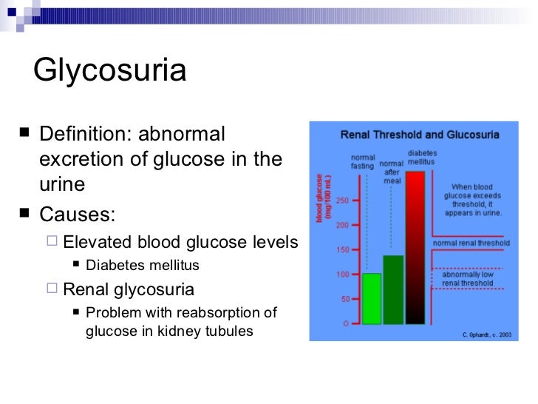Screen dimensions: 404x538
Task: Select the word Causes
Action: [77, 215]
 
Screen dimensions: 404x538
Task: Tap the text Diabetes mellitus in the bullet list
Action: [142, 265]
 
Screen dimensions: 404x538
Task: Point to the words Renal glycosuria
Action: [129, 289]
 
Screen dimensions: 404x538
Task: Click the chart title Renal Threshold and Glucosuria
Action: [419, 135]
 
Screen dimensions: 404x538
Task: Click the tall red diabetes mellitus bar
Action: [415, 248]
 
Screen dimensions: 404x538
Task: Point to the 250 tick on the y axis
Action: [343, 201]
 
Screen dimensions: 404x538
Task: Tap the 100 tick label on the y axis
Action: [343, 275]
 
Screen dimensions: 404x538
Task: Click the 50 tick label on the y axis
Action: [344, 300]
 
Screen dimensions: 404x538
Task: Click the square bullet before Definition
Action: [26, 135]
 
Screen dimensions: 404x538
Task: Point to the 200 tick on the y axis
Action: [343, 225]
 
